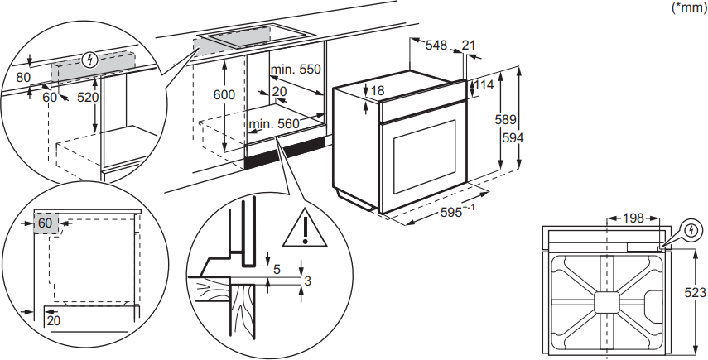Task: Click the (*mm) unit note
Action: pos(686,7)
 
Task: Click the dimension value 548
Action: pos(436,46)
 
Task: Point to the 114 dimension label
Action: pos(484,85)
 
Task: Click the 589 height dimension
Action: pos(506,120)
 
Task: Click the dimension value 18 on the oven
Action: pos(378,90)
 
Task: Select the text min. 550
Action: pos(297,70)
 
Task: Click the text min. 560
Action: pos(274,125)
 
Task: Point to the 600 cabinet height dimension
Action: pos(224,95)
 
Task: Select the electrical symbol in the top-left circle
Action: pos(92,59)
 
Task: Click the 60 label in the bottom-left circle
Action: pos(45,223)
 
